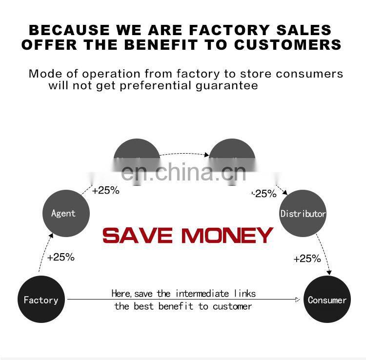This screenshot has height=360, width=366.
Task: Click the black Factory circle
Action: [41, 300]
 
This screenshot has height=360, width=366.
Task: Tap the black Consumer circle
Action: [327, 300]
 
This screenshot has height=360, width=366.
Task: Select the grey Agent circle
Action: [63, 213]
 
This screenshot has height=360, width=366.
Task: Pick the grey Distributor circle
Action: [303, 213]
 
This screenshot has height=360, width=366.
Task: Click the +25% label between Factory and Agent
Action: [61, 257]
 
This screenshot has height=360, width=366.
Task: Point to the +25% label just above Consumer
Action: [307, 259]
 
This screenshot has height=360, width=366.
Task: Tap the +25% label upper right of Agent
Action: [105, 190]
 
